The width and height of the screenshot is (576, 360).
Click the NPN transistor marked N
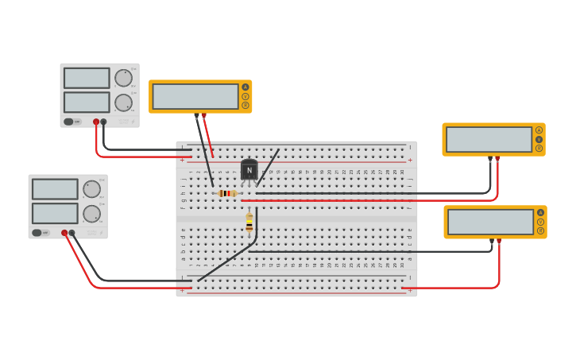tap(249, 170)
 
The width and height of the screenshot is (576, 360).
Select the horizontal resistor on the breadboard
tap(227, 193)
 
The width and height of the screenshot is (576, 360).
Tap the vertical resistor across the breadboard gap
tap(249, 225)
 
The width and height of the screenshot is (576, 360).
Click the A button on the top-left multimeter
tap(245, 87)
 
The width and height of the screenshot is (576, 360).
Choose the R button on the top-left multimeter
tap(245, 105)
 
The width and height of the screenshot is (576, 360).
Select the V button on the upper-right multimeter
tap(539, 139)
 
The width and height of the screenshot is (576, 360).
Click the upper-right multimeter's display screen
tap(489, 139)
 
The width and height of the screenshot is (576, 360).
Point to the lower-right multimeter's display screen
tap(490, 222)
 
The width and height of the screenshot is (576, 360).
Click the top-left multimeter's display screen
tap(195, 96)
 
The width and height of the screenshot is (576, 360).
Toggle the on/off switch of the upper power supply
tap(68, 122)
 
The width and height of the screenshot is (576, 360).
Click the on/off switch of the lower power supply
tap(37, 233)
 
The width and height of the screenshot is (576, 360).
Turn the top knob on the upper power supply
tap(123, 78)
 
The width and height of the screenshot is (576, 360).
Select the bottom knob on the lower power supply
tap(91, 214)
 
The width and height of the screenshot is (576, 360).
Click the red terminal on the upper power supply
tap(96, 122)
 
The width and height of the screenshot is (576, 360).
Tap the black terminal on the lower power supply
tap(72, 233)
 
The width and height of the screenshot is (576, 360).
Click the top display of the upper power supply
tap(87, 78)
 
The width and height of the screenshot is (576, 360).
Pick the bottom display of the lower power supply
tap(55, 214)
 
